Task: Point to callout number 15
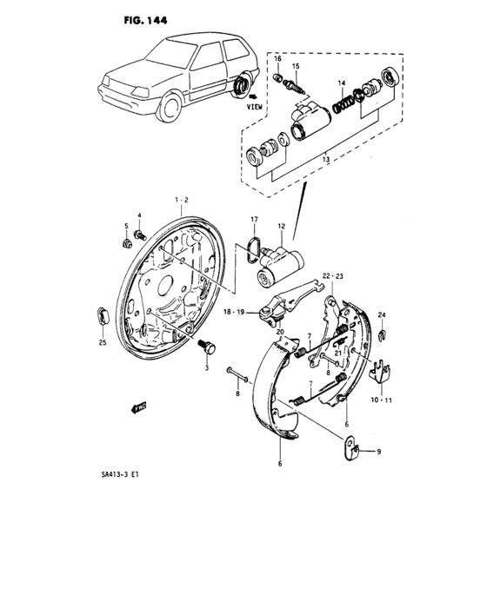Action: (x=296, y=67)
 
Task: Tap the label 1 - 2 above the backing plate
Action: (x=180, y=200)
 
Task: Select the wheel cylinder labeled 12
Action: (x=281, y=266)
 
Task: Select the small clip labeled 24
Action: (x=383, y=334)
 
